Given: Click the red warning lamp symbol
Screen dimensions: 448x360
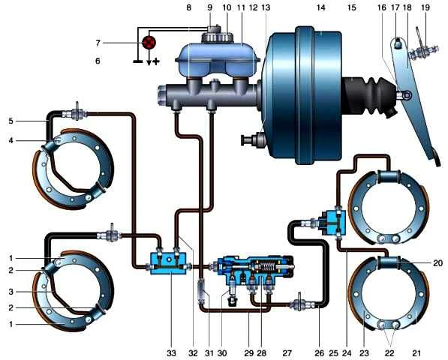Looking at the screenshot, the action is pos(149,43).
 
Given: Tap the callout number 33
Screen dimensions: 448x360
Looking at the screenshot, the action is pos(171,353).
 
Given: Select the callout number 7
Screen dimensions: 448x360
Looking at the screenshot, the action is pos(98,43).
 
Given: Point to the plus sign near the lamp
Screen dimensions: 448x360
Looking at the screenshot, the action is pos(156,61).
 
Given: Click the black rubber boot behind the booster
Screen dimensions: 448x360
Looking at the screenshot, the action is pos(368,95).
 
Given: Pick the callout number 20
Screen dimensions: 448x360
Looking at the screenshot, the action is pos(437,262).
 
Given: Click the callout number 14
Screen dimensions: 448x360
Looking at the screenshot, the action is pos(321,7).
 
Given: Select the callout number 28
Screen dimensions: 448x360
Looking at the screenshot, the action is pos(261,353).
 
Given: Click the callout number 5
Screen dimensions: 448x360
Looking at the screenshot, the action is pos(11,121).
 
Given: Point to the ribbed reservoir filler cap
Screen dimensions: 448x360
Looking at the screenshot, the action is pos(217,37).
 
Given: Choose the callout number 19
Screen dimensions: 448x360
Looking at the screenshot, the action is pos(425,7).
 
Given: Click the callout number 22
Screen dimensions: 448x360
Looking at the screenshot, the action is pos(389,353).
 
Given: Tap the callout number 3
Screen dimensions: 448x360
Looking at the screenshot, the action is pos(11,292).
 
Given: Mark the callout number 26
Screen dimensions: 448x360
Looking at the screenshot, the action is pos(320,353).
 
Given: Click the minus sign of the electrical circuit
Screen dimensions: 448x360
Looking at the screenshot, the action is pos(138,61).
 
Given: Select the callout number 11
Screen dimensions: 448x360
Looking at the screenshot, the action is pos(241,7).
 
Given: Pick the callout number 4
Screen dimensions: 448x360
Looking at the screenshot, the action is pos(11,140).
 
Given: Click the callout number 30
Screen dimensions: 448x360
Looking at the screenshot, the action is pos(222,353).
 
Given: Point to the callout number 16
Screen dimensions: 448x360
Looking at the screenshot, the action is pos(382,7).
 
